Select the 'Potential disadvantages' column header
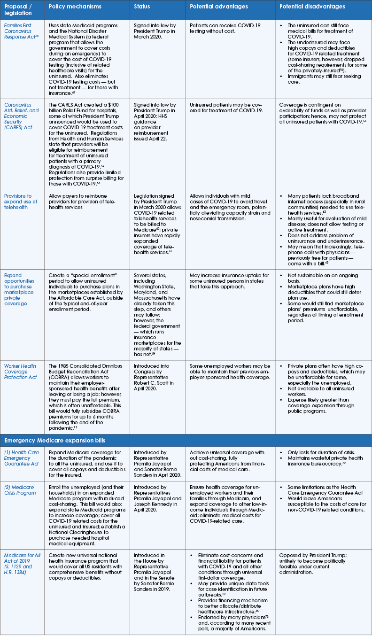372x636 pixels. pos(312,7)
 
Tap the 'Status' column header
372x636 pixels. pos(144,7)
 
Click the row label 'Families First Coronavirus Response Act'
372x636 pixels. pos(22,32)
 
